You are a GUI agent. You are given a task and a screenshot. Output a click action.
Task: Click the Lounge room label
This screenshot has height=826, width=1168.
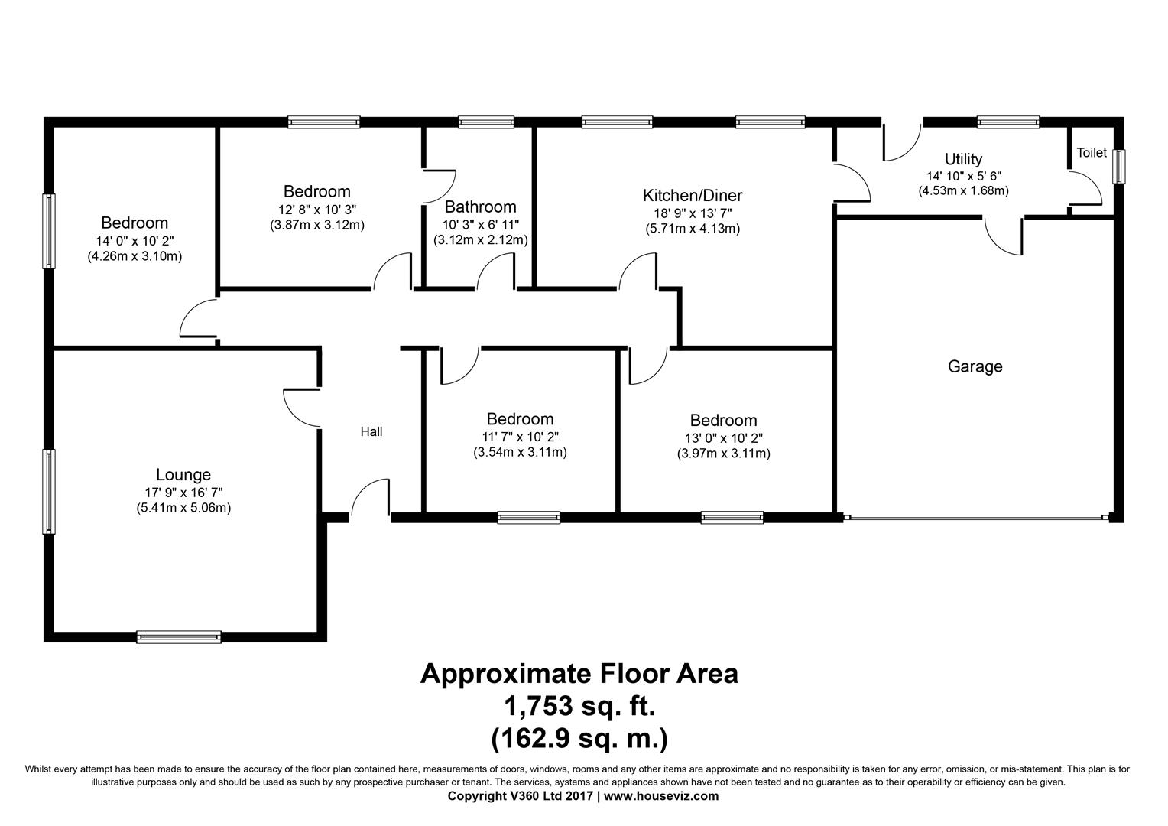[x=183, y=475]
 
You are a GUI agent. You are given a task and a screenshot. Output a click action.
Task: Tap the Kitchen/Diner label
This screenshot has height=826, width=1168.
[x=693, y=196]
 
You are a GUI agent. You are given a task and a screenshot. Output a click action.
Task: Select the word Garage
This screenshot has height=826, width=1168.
[x=975, y=366]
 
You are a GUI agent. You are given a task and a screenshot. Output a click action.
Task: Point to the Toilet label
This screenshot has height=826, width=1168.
[x=1092, y=152]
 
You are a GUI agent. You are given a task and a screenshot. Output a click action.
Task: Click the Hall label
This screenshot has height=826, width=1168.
[x=371, y=431]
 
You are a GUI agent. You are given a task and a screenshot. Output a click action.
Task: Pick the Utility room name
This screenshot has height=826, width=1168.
[x=964, y=158]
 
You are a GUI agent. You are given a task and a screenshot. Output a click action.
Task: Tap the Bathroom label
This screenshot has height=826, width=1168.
[x=480, y=207]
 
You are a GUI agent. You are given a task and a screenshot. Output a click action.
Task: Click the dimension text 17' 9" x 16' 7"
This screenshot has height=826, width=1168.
[x=183, y=492]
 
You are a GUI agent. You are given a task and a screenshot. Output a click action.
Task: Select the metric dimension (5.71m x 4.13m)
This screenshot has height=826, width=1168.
[x=693, y=229]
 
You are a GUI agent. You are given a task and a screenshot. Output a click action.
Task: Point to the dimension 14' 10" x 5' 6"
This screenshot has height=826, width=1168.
[x=964, y=177]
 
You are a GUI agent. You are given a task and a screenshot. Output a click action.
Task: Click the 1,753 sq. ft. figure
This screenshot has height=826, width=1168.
[x=579, y=707]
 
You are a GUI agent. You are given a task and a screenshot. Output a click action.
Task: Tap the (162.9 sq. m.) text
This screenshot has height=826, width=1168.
[x=579, y=739]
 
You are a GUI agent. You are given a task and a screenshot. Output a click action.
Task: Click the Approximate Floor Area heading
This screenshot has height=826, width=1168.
[x=579, y=674]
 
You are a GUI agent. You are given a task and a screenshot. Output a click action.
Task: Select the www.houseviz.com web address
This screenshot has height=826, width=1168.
[x=661, y=796]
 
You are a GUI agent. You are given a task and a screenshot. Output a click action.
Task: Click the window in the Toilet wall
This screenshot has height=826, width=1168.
[x=1119, y=167]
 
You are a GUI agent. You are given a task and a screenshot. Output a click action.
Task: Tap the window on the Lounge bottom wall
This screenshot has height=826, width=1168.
[x=179, y=636]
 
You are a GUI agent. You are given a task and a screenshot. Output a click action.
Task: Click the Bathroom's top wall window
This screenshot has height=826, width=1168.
[x=486, y=122]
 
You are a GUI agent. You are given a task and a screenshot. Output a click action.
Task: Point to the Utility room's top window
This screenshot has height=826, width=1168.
[x=1008, y=122]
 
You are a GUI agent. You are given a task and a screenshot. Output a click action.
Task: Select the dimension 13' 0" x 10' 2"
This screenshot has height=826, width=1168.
[x=724, y=438]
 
